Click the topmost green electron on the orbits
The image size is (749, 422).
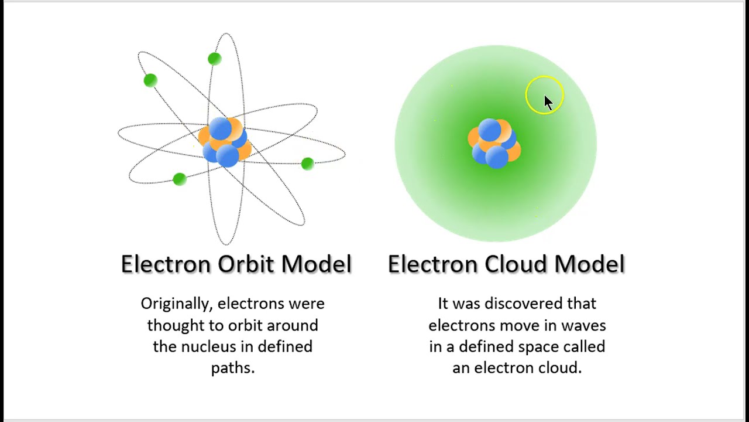[x=215, y=59]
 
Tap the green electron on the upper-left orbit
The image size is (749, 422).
[x=150, y=80]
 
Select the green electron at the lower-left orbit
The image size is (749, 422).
[x=180, y=179]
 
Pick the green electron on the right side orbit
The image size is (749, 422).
[x=307, y=164]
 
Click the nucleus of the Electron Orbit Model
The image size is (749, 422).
[x=225, y=142]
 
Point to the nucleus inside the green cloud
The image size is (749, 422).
[x=494, y=144]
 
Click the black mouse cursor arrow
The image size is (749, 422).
[x=548, y=103]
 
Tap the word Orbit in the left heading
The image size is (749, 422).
[x=246, y=264]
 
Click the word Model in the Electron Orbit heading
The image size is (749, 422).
[x=316, y=264]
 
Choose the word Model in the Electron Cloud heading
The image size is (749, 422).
[x=589, y=264]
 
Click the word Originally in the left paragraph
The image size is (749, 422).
[x=176, y=304]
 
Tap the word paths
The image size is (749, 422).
[x=232, y=368]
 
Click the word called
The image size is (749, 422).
[x=584, y=346]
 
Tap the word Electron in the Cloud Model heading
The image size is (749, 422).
[x=432, y=264]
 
